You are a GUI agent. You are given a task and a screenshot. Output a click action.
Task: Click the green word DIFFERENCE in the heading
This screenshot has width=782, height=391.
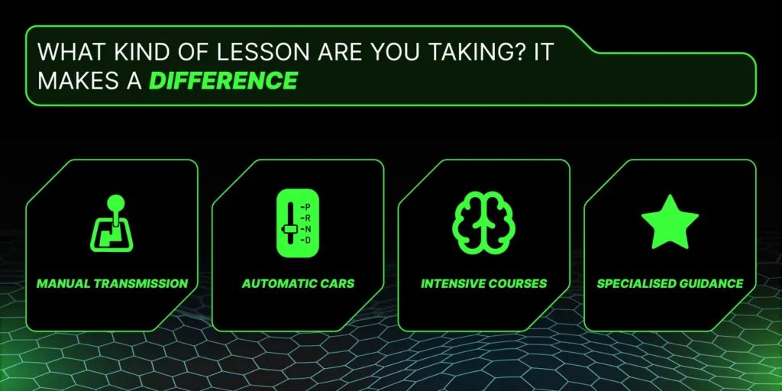(x=224, y=81)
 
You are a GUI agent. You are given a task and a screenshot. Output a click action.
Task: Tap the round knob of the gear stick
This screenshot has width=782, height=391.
(x=116, y=202)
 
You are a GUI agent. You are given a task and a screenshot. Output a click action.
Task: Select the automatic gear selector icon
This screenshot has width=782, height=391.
(x=298, y=222)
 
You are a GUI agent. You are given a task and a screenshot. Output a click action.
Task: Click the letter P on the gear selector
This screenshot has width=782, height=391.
(x=307, y=206)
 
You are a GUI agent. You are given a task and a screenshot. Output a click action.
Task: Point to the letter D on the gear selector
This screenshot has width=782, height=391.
(x=307, y=241)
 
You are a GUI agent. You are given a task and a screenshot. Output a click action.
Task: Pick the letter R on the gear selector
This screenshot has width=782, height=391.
(x=307, y=218)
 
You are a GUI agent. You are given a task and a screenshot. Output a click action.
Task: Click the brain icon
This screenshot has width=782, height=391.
(x=483, y=222)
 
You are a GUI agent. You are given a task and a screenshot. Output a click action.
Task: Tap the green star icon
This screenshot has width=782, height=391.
(x=670, y=221)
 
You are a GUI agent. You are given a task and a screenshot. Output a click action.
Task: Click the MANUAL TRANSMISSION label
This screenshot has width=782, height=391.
(x=112, y=284)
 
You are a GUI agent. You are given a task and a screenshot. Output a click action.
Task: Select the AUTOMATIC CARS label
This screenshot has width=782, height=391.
(x=299, y=284)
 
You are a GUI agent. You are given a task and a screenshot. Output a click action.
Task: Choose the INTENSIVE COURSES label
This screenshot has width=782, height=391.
(x=483, y=284)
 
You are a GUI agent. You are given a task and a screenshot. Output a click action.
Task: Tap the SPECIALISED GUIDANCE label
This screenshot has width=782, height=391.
(x=670, y=284)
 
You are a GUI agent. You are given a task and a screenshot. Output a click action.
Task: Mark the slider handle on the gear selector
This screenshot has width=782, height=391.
(x=289, y=229)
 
